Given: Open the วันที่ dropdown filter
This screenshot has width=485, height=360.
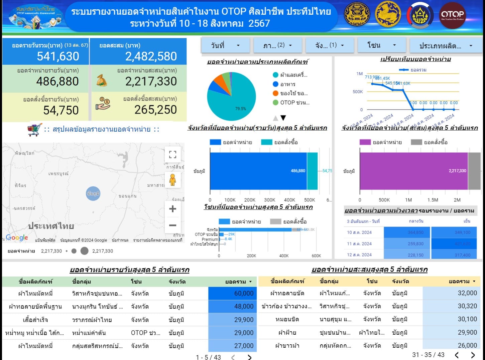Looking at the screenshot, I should point(225,45).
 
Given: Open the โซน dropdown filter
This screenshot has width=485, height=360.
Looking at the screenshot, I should point(381,45).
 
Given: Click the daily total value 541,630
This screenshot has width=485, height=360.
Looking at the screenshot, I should point(58,56).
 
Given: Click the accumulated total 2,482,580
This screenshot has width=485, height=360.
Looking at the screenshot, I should point(151,56).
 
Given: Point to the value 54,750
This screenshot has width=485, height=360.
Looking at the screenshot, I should point(61,110).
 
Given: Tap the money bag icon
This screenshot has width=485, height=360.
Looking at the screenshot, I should point(102,80).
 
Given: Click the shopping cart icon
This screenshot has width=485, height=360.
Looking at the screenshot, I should point(35,130).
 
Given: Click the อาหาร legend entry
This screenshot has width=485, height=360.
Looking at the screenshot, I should point(287,84).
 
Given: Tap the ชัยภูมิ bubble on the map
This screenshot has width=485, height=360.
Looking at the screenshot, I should point(93,193).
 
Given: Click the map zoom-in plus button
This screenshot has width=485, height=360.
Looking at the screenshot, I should point(172,209).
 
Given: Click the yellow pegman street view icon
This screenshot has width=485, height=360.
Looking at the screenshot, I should point(172,180).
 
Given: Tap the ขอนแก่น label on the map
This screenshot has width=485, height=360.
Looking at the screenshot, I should point(127,196).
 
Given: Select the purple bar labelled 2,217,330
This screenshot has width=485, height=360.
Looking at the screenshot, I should point(413,171).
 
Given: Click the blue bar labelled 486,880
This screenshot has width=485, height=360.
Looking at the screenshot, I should point(258,171).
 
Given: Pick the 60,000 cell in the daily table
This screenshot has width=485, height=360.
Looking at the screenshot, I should point(232,293).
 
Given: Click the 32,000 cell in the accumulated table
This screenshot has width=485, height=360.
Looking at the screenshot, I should point(451,293).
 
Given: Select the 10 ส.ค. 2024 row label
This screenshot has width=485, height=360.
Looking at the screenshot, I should point(359,232).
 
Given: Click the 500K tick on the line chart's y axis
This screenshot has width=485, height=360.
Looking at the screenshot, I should point(357,92).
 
